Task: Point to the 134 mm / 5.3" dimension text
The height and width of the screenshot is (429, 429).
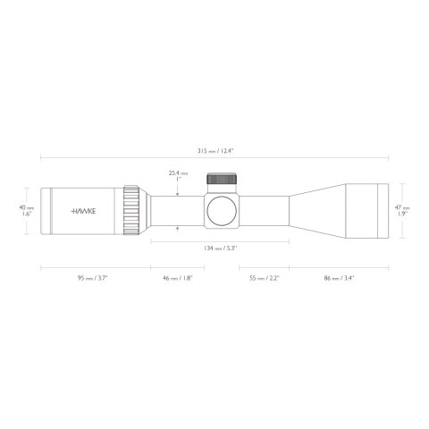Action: click(219, 246)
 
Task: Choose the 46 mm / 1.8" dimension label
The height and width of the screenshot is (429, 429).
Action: click(177, 278)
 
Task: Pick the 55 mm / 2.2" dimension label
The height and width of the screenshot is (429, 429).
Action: click(264, 278)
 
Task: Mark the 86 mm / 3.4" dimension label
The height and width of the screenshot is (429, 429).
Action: click(338, 278)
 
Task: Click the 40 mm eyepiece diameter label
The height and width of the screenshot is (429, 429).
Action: click(29, 207)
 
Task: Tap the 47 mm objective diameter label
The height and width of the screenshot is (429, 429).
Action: click(403, 207)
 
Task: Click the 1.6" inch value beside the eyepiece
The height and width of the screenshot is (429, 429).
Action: click(29, 215)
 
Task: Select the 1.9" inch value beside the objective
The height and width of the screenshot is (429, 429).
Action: click(403, 215)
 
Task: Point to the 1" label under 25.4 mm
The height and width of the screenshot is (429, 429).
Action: click(179, 180)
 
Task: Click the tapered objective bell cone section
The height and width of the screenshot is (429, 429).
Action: click(313, 211)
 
